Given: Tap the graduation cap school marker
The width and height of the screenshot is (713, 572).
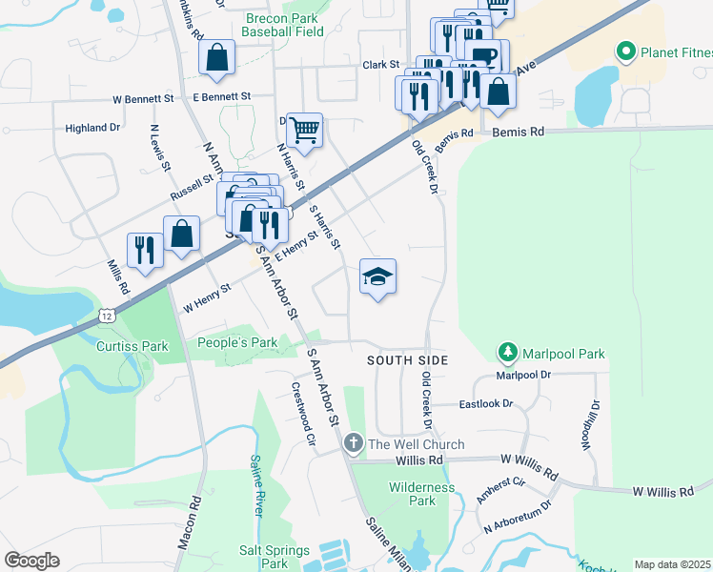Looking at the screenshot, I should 377,277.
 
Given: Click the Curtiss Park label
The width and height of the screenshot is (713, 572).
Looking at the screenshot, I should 132,346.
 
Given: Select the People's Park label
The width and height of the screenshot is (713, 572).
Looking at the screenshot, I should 236,342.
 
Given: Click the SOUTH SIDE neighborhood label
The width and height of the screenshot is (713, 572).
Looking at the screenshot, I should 407,359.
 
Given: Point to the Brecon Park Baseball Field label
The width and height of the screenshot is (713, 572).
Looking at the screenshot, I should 283,25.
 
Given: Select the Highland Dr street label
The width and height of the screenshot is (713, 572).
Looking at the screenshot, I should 92,127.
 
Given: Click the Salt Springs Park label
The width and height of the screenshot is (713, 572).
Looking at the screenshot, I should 275,557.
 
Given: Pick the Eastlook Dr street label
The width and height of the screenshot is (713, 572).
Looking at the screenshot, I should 485,404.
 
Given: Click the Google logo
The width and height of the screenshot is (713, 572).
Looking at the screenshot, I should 31,561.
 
